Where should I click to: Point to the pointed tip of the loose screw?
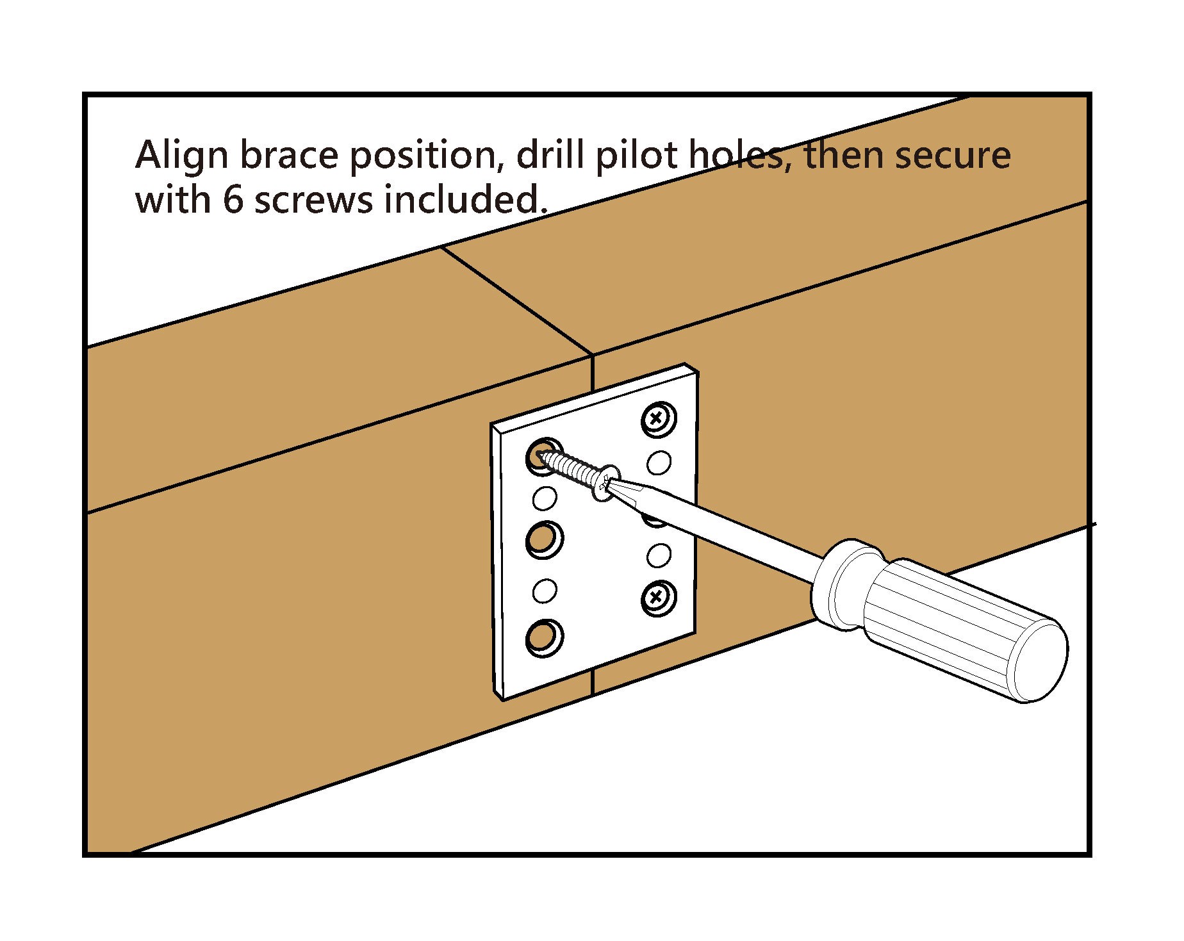(543, 456)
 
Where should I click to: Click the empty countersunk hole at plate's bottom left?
(543, 637)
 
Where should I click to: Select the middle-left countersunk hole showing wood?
(543, 539)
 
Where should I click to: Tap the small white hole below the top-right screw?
(659, 462)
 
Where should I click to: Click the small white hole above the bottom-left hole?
(544, 591)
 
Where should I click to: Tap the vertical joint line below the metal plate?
(593, 683)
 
